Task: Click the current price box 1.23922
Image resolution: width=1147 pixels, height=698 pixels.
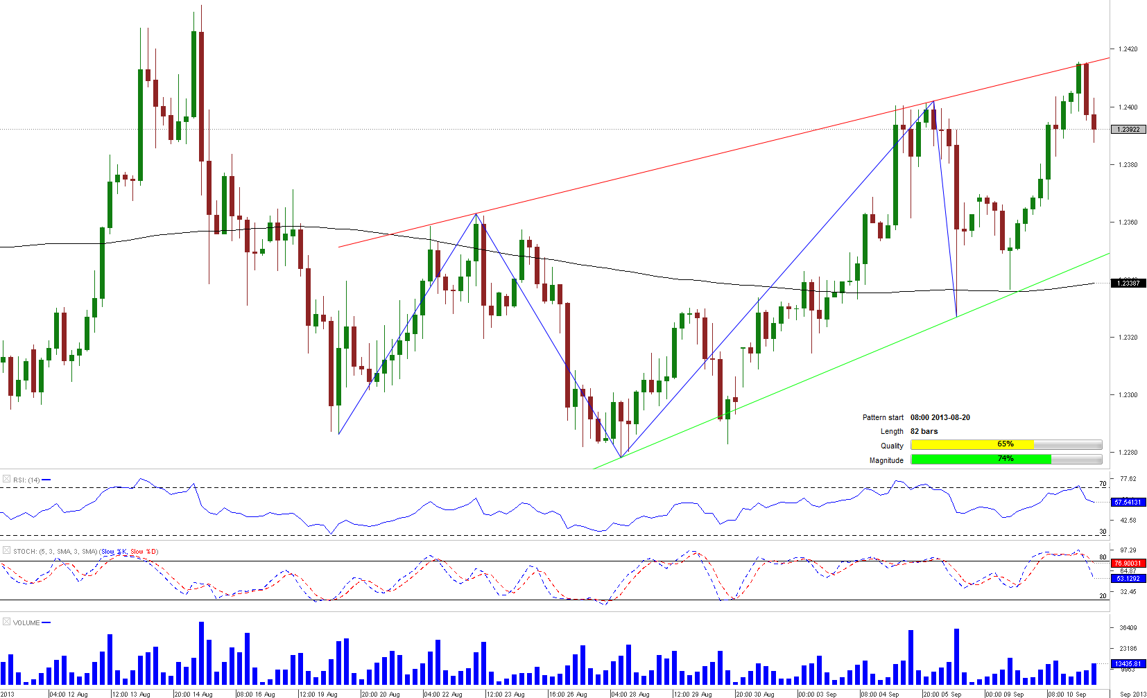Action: (1128, 130)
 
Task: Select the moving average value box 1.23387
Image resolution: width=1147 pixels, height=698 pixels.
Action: (1128, 283)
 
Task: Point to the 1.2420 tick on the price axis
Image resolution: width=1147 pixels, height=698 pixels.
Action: (1128, 49)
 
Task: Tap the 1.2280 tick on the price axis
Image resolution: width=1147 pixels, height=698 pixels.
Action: (1128, 453)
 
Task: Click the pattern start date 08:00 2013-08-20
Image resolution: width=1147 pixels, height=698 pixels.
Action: (940, 417)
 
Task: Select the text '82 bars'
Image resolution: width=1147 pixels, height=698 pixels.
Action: (924, 431)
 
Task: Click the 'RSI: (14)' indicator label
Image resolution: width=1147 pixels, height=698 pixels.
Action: (26, 480)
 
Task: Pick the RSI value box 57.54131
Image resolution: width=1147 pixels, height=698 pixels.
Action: (1128, 502)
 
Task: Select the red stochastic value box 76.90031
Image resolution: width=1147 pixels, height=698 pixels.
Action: (1128, 564)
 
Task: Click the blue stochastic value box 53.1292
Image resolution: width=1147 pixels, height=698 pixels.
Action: (1128, 578)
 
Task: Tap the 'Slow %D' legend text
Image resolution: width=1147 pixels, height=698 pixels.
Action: (144, 552)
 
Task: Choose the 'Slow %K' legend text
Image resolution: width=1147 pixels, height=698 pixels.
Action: (114, 552)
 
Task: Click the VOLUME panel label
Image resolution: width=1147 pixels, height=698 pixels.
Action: (26, 622)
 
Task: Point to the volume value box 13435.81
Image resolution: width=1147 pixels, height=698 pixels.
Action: (1128, 663)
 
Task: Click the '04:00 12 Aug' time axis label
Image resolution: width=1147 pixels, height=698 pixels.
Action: (69, 694)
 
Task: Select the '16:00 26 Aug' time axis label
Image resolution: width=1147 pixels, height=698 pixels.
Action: (568, 694)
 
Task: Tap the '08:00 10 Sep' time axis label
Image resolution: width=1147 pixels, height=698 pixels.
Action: (1067, 694)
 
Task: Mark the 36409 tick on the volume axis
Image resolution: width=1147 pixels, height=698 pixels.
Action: (1128, 628)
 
